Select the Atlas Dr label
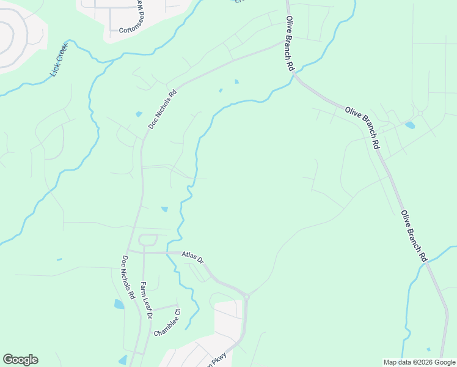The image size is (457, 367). pyautogui.click(x=192, y=257)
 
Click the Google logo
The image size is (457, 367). pyautogui.click(x=20, y=360)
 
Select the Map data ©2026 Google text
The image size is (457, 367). pyautogui.click(x=419, y=362)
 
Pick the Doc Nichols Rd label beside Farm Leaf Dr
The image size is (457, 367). pyautogui.click(x=128, y=277)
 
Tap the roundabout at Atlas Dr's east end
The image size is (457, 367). pyautogui.click(x=246, y=297)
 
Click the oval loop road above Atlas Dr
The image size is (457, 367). pyautogui.click(x=148, y=240)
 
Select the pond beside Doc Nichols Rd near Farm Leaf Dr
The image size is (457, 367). pyautogui.click(x=119, y=304)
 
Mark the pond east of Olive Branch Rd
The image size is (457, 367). pyautogui.click(x=410, y=125)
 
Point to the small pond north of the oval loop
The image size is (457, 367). pyautogui.click(x=164, y=209)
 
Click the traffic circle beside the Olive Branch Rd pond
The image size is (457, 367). pyautogui.click(x=420, y=113)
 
